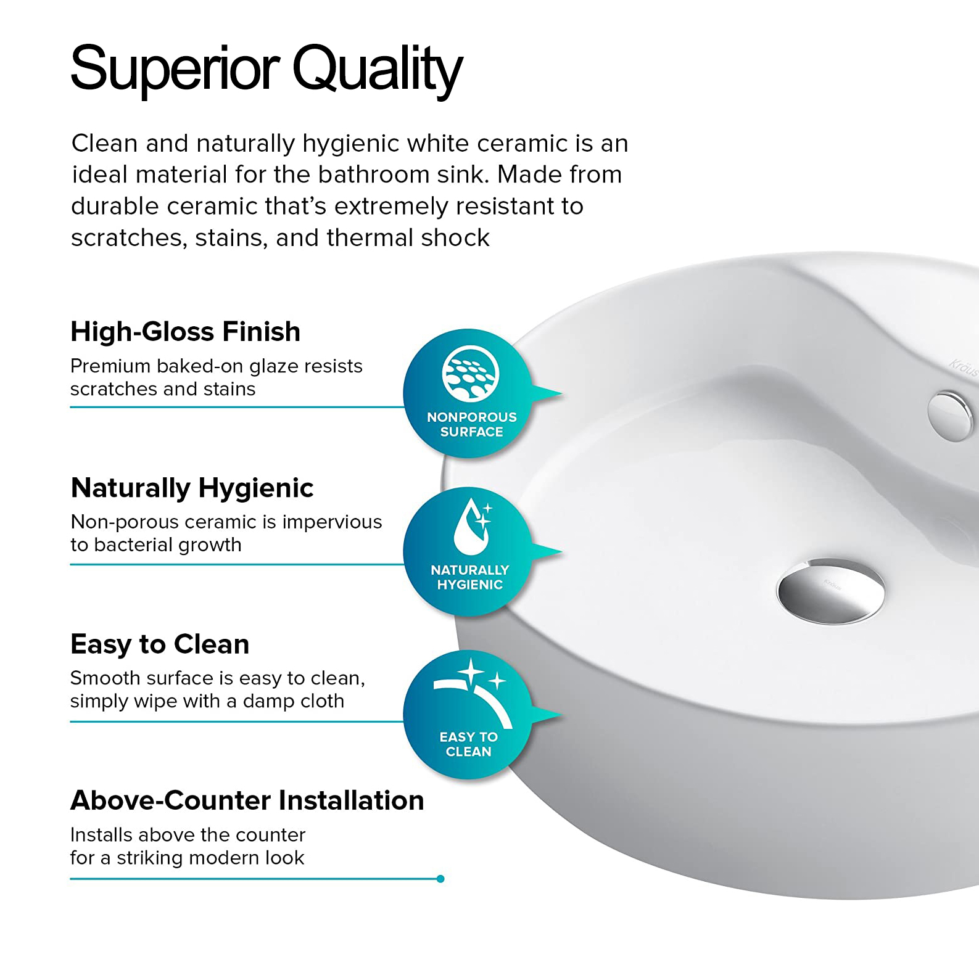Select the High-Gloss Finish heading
(x=186, y=332)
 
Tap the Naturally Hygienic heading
(x=192, y=488)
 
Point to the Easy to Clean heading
(x=160, y=644)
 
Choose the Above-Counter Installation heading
(x=247, y=800)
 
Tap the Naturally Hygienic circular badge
(x=470, y=551)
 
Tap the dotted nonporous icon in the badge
(x=471, y=373)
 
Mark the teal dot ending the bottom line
(x=440, y=879)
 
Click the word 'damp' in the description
(x=271, y=701)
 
